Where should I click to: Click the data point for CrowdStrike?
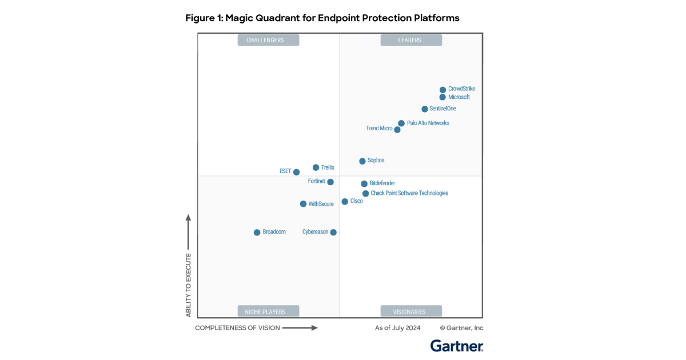point(442,90)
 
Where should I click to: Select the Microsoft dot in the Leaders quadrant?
point(442,97)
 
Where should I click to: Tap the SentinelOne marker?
point(425,109)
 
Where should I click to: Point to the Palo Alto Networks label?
point(428,123)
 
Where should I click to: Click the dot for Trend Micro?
point(397,130)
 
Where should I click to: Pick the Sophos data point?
point(362,161)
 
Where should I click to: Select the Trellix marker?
point(316,167)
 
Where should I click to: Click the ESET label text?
point(285,171)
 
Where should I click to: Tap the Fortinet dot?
point(330,182)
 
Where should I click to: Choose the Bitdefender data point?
point(364,184)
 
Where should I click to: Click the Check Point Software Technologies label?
point(409,193)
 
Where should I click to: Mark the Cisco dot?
point(345,202)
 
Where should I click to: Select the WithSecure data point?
point(304,204)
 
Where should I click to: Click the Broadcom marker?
point(257,233)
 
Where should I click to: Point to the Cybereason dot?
point(333,233)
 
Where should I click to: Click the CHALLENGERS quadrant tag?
point(265,40)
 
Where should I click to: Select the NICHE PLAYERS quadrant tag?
point(265,311)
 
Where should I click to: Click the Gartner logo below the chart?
point(457,346)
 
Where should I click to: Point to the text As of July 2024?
point(398,328)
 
